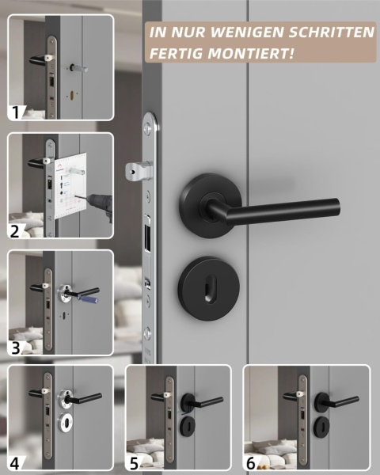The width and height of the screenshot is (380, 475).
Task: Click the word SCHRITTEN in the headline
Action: click(332, 32)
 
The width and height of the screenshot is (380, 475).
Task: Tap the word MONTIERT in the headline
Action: click(250, 53)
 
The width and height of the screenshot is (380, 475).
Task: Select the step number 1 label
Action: click(15, 112)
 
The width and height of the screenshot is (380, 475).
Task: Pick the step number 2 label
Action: click(14, 231)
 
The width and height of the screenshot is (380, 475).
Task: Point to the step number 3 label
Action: click(15, 348)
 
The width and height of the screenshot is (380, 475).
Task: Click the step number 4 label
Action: click(14, 463)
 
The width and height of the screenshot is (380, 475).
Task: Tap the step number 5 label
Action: click(135, 463)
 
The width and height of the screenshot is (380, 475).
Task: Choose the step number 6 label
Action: click(251, 463)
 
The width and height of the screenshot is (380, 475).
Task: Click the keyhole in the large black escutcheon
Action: click(209, 288)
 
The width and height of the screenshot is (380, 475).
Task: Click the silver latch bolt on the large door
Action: click(139, 170)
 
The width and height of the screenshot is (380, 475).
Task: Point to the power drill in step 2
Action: click(98, 203)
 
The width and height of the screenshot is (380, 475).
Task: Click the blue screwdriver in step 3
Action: click(87, 298)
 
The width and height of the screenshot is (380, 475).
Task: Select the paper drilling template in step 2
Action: click(70, 186)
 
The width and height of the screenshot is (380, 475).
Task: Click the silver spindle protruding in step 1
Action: click(79, 68)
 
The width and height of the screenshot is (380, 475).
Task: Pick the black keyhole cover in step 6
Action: click(322, 425)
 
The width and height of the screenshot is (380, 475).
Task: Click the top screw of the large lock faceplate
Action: click(147, 127)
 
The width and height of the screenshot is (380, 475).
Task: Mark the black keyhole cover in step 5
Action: click(188, 425)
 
